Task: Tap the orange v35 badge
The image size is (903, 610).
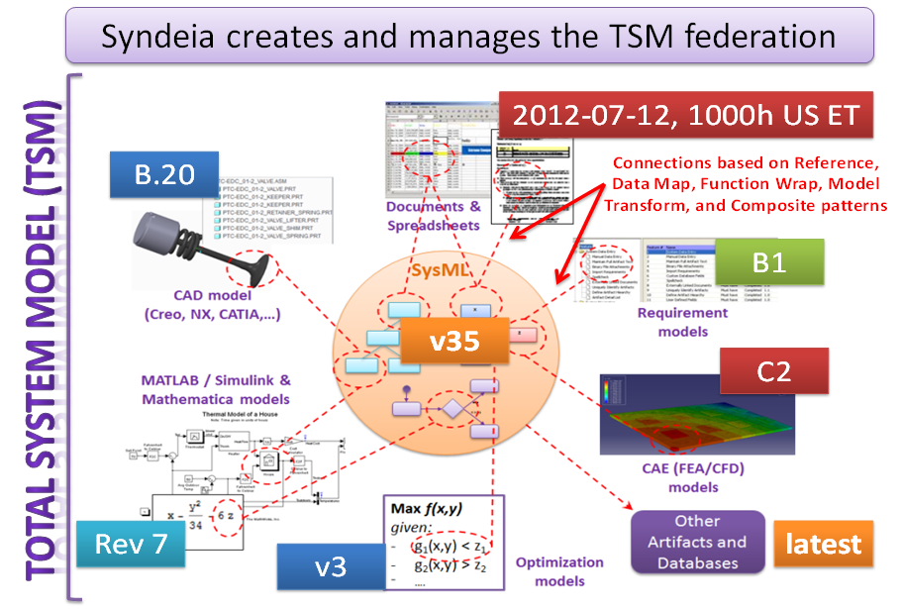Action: pos(454,343)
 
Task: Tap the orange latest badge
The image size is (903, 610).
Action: pos(823,544)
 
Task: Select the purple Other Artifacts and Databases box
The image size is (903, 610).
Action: pos(697,543)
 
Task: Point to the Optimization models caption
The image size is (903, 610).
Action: pos(559,570)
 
